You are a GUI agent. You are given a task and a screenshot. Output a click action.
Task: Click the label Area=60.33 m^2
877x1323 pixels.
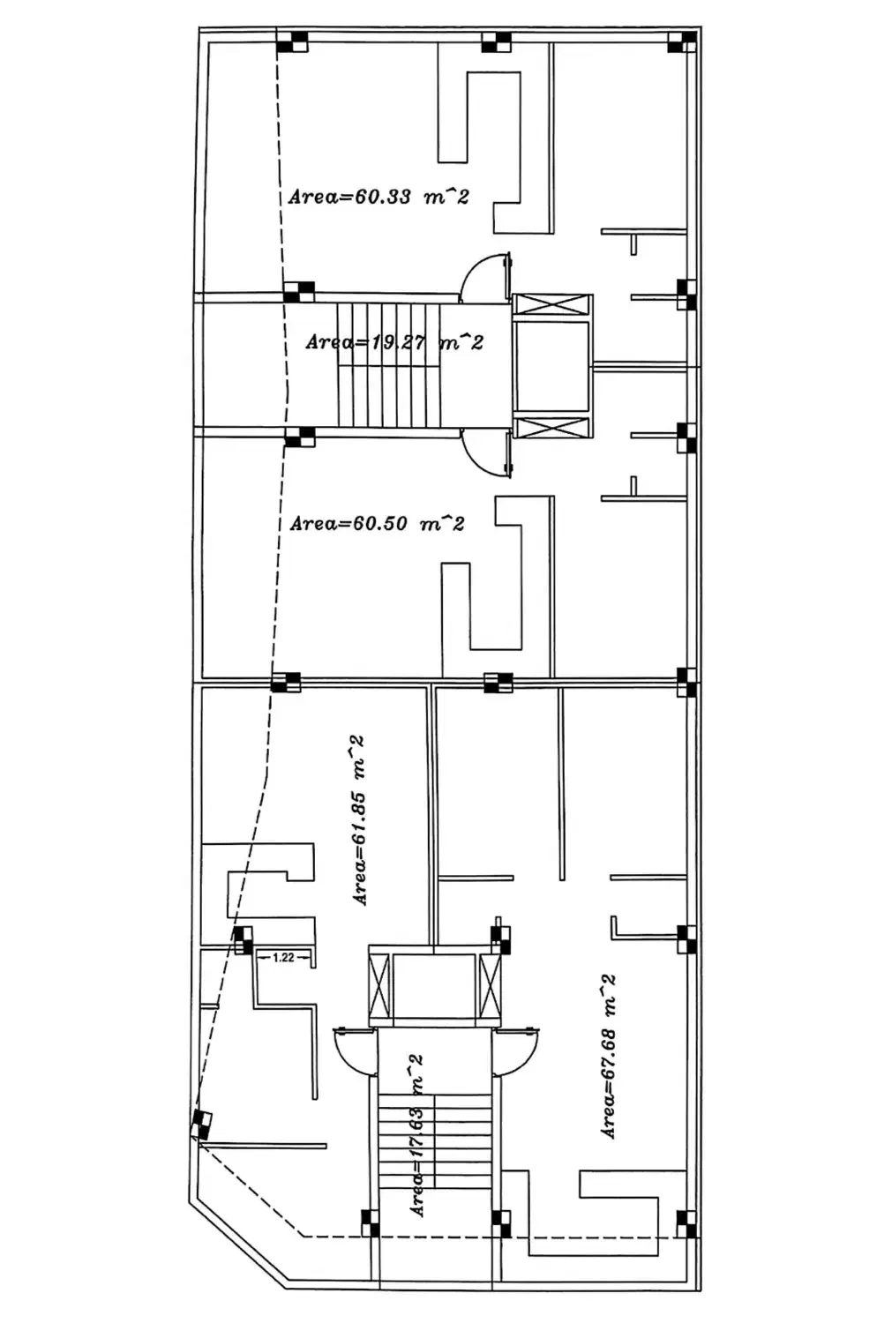[379, 197]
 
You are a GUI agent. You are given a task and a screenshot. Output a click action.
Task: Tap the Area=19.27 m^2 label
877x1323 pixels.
[394, 342]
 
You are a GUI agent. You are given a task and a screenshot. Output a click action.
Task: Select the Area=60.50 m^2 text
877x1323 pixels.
[377, 523]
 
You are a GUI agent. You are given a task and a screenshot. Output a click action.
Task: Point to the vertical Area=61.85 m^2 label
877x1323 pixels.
[358, 820]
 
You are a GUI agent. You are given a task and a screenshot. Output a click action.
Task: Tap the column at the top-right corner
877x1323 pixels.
[683, 42]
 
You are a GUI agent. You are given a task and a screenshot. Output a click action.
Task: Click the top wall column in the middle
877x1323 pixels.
[496, 42]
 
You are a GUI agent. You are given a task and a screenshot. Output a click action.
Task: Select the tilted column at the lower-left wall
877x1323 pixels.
[201, 1124]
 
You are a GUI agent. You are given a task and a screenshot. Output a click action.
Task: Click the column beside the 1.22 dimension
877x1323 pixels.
[243, 939]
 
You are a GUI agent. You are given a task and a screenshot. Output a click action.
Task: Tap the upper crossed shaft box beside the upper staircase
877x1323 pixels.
[552, 305]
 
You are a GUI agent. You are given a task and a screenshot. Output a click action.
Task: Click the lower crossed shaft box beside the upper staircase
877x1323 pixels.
[552, 428]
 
